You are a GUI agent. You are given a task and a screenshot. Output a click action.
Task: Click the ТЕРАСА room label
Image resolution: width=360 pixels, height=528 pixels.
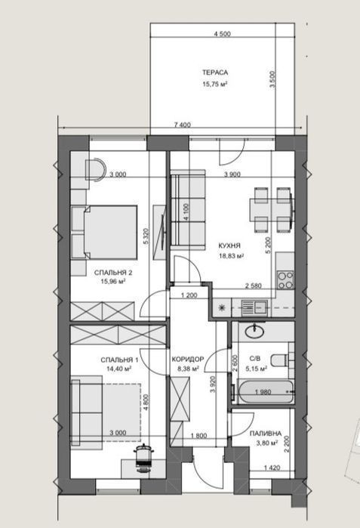[x=215, y=73]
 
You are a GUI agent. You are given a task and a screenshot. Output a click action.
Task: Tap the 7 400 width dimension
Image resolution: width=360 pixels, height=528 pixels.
[x=183, y=125]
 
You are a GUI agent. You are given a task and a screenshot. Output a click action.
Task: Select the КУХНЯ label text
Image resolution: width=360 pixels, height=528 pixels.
[x=229, y=245]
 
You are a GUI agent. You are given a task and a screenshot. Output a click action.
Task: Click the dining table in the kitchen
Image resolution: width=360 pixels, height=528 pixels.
[x=272, y=210]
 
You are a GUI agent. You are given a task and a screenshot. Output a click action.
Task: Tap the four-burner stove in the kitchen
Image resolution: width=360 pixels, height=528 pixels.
[x=285, y=280]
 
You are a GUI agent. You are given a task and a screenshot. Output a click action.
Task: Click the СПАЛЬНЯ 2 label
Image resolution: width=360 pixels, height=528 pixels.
[x=109, y=273]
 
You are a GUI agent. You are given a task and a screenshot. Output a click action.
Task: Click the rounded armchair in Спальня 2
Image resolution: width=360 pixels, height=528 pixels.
[x=95, y=170]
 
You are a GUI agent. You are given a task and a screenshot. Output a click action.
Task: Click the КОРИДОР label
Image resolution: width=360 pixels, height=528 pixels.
[x=188, y=360]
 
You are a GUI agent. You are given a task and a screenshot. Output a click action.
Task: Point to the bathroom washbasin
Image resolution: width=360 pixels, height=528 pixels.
[x=254, y=332]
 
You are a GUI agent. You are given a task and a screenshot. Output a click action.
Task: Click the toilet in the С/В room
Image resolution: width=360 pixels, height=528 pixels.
[x=280, y=360]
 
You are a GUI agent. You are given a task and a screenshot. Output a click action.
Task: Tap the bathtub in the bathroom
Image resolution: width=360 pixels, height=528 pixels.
[x=265, y=391]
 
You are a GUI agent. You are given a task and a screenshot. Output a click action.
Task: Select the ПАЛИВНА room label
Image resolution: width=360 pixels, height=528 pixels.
[x=266, y=434]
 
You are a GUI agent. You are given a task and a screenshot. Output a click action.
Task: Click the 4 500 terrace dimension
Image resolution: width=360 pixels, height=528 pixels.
[x=223, y=34]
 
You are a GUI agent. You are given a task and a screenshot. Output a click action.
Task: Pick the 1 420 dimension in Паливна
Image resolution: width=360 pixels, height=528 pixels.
[x=272, y=468]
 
